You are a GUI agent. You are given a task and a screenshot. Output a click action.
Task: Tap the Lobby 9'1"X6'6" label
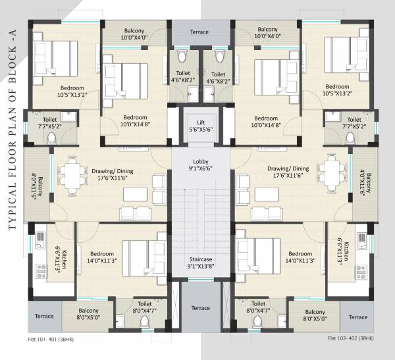click(x=201, y=165)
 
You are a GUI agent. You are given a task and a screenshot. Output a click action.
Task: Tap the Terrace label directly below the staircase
click(x=200, y=308)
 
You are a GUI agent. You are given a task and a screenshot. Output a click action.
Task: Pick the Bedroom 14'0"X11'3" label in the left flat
click(x=102, y=257)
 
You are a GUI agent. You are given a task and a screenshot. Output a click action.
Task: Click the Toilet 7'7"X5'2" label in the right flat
click(x=354, y=123)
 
